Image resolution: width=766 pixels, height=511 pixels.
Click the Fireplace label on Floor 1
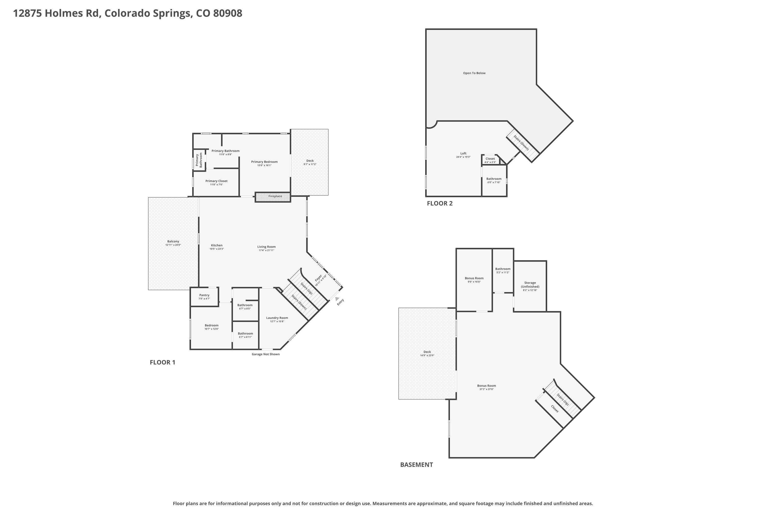point(275,196)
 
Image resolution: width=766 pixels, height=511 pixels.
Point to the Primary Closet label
point(217,181)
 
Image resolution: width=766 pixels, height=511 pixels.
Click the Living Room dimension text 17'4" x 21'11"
point(266,250)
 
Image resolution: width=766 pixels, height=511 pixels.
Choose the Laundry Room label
point(277,318)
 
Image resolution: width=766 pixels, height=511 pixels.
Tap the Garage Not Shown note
point(266,354)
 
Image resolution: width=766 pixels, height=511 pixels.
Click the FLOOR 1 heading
point(162,362)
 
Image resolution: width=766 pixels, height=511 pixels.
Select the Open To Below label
point(474,73)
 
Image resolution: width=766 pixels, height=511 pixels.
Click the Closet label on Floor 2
point(490,159)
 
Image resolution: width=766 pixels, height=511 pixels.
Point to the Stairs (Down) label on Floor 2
point(521,142)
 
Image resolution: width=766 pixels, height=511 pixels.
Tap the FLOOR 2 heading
point(440,203)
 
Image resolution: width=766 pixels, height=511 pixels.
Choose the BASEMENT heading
point(416,465)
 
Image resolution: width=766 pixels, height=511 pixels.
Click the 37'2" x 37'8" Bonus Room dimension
point(487,389)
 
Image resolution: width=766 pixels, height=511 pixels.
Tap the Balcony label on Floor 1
point(173,241)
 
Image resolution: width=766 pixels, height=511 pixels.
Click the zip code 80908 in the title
point(228,13)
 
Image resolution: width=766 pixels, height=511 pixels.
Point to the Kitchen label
point(217,245)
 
